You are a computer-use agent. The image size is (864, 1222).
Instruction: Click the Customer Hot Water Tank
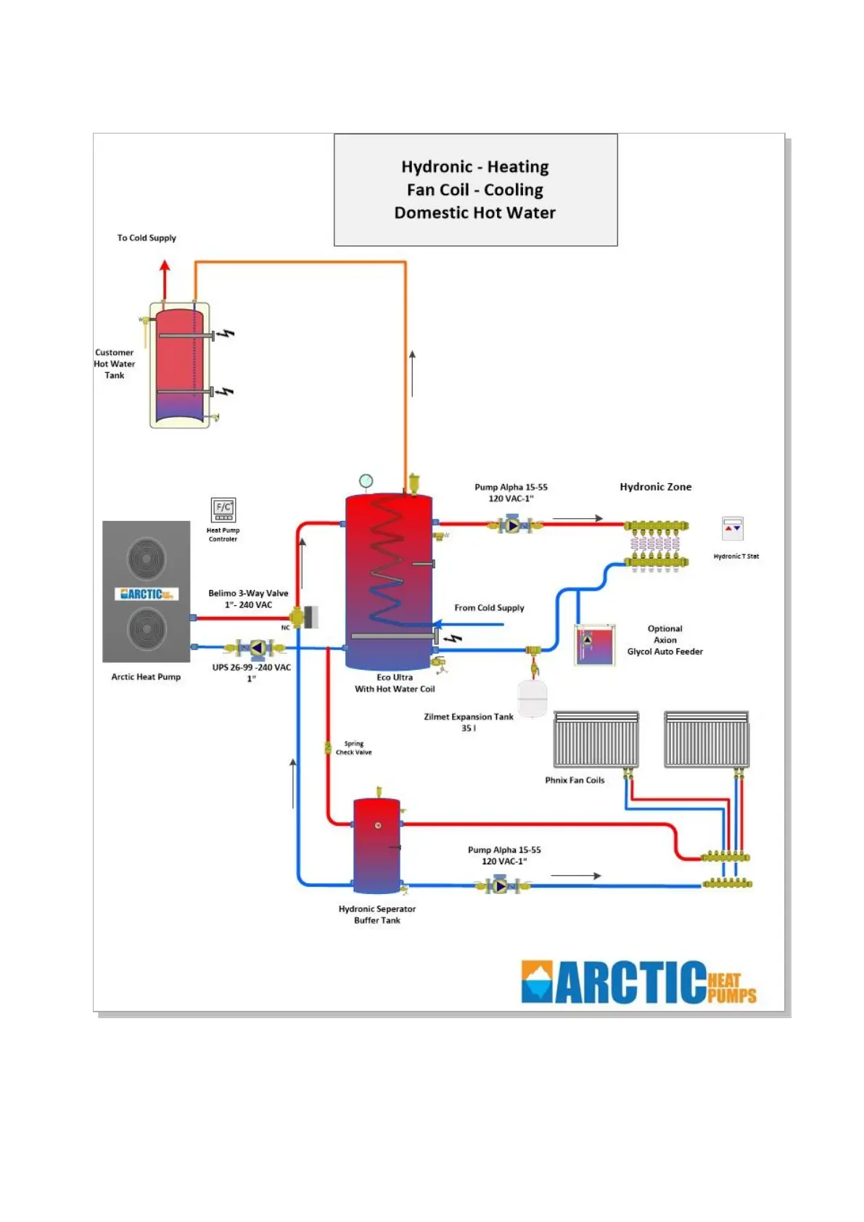(x=178, y=365)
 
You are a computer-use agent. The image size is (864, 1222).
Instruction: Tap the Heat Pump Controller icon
(x=223, y=509)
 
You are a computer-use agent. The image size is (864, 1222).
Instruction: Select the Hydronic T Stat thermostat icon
(x=733, y=528)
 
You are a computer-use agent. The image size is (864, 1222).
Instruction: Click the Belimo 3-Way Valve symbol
(x=297, y=618)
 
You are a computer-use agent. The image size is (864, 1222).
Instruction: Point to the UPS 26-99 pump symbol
(x=257, y=647)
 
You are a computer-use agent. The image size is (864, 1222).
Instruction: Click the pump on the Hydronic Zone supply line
(x=513, y=524)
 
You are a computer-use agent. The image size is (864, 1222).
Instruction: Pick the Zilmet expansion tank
(x=532, y=698)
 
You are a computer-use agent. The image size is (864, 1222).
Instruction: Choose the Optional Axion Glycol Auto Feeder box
(x=595, y=645)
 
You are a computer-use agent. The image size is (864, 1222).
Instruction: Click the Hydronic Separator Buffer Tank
(x=377, y=845)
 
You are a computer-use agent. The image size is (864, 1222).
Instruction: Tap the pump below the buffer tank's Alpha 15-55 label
(x=501, y=885)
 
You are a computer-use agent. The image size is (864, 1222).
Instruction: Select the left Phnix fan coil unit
(x=596, y=739)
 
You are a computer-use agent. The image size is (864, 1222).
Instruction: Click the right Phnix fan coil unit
(x=707, y=739)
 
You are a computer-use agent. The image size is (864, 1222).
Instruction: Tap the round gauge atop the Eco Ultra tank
(x=366, y=480)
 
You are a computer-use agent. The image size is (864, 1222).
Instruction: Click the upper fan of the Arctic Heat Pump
(x=147, y=558)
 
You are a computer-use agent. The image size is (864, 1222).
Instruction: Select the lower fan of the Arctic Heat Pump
(x=147, y=628)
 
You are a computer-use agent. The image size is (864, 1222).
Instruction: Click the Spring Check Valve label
(x=353, y=748)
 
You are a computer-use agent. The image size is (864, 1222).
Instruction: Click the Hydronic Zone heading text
(x=655, y=487)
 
